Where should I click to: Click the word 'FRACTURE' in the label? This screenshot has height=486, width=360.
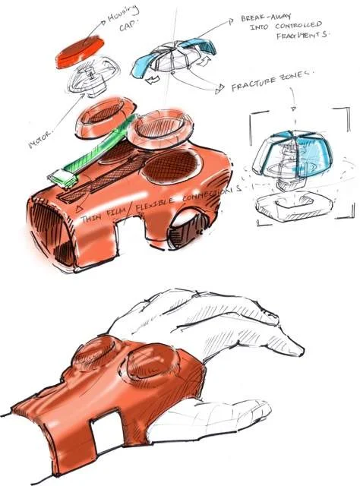(254, 87)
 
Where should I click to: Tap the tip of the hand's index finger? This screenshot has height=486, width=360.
(300, 351)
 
